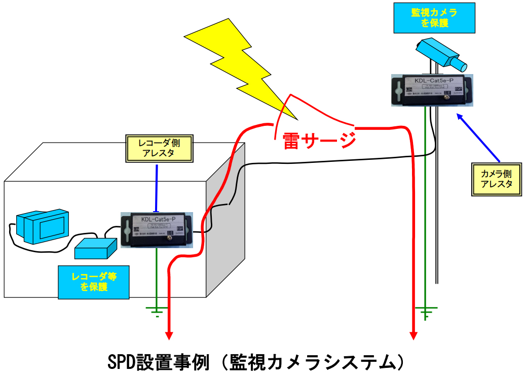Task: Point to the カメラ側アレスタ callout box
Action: coord(496,179)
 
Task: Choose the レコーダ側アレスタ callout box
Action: coord(160,148)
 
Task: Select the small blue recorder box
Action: coord(95,248)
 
